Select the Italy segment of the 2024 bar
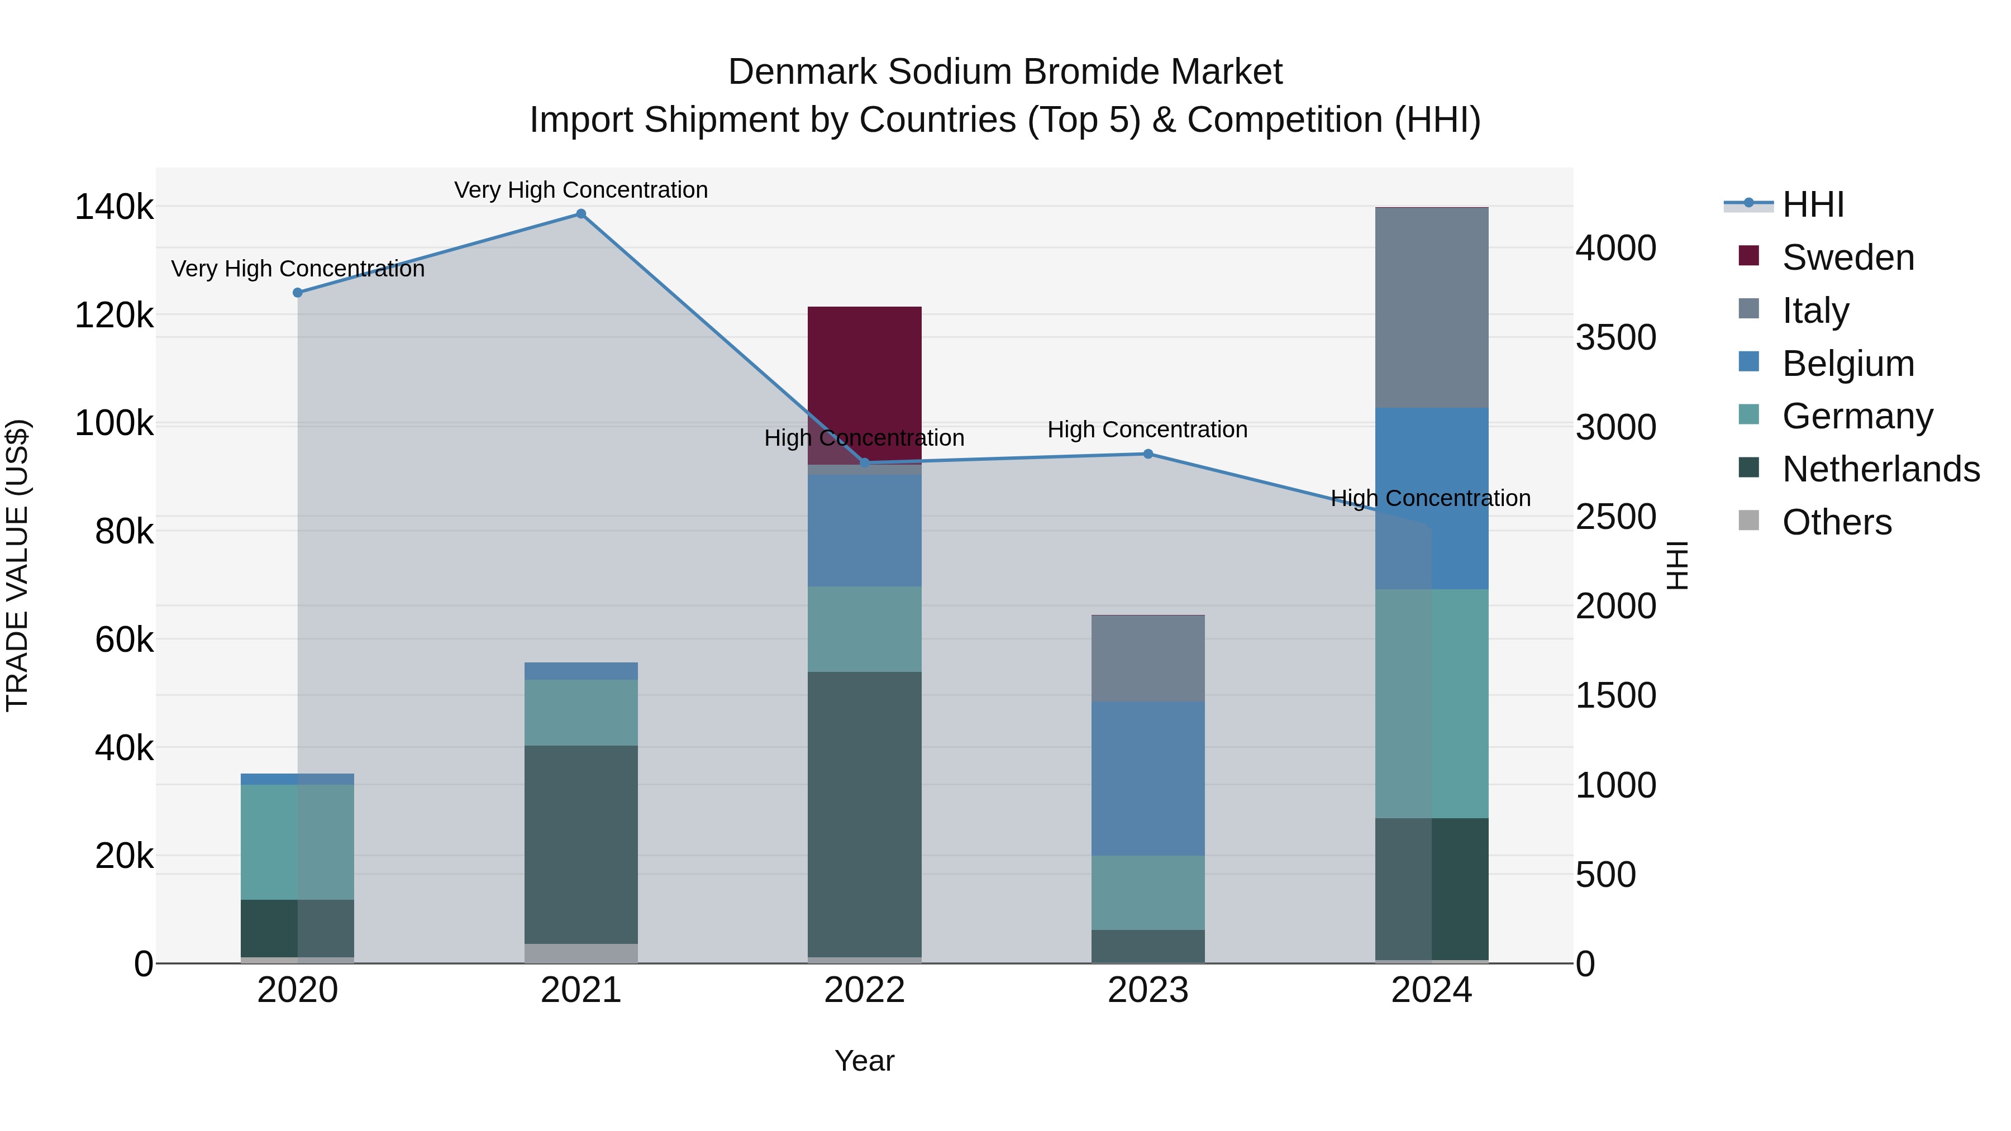pyautogui.click(x=1431, y=308)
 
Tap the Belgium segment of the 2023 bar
pyautogui.click(x=1147, y=777)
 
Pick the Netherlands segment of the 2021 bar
pyautogui.click(x=581, y=844)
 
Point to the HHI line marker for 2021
pyautogui.click(x=581, y=214)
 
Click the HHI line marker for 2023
pyautogui.click(x=1147, y=454)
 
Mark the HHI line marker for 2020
pyautogui.click(x=297, y=293)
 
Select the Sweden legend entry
pyautogui.click(x=1848, y=257)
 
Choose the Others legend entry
pyautogui.click(x=1836, y=522)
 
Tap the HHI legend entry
pyautogui.click(x=1813, y=204)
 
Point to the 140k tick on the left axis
pyautogui.click(x=114, y=208)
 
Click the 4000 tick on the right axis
pyautogui.click(x=1615, y=248)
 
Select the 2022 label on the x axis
pyautogui.click(x=864, y=990)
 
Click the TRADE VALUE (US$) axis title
pyautogui.click(x=17, y=565)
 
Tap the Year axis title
pyautogui.click(x=864, y=1061)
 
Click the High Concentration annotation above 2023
pyautogui.click(x=1147, y=430)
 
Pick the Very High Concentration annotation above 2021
pyautogui.click(x=581, y=190)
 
